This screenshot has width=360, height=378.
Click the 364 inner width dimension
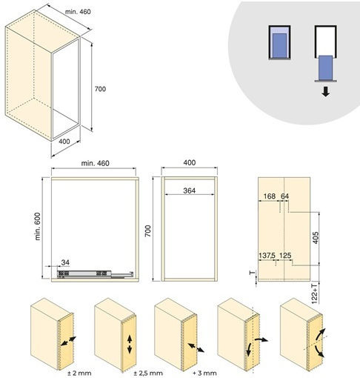point(190,190)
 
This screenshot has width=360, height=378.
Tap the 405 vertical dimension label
point(316,237)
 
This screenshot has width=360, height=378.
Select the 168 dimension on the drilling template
point(269,196)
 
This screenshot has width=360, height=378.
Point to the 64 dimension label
point(284,196)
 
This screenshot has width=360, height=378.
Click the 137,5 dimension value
point(267,255)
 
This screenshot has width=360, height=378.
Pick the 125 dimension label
point(285,255)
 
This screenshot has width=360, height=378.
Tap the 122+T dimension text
point(314,294)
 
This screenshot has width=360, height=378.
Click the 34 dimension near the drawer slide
point(65,262)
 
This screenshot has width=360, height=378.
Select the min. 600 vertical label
point(38,226)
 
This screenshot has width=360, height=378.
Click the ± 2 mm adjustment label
point(79,373)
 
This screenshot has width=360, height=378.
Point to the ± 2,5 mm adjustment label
point(148,373)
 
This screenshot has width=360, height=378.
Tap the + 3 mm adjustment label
point(205,373)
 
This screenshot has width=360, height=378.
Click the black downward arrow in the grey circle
point(326,91)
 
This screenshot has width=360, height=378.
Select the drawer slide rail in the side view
point(96,274)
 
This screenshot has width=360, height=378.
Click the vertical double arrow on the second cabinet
point(130,345)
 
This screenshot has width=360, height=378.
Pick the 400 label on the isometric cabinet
point(64,142)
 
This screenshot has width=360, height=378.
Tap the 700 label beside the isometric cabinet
point(100,89)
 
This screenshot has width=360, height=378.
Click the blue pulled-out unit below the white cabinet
point(325,68)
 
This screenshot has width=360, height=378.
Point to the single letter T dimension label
point(253,273)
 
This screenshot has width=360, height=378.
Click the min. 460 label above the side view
point(95,163)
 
